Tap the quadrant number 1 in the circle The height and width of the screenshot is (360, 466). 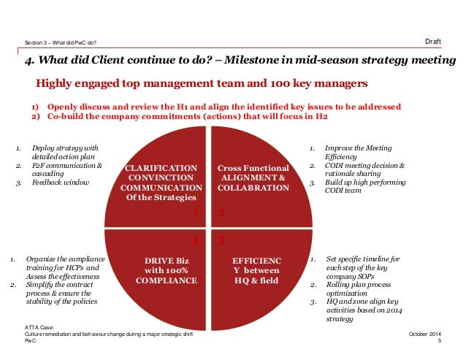(196, 212)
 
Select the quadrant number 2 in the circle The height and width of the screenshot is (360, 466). (221, 212)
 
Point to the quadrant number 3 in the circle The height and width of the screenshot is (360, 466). (221, 239)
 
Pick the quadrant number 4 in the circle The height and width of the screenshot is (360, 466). (195, 240)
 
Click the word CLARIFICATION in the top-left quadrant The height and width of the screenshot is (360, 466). (161, 167)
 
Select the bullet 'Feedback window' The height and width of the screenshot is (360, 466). (60, 182)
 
